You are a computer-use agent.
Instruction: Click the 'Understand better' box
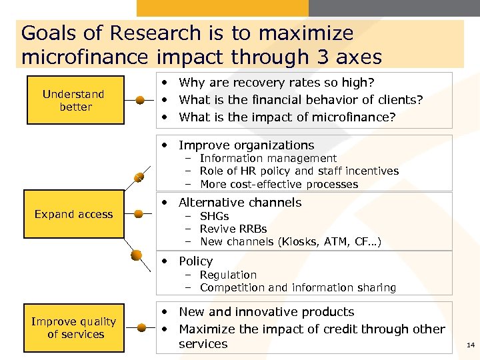[75, 101]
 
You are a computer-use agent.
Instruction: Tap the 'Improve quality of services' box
[75, 328]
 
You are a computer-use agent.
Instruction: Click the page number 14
[471, 345]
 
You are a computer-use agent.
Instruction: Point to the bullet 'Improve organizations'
[246, 145]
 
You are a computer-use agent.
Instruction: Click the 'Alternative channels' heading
[240, 203]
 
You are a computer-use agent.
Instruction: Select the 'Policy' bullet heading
[195, 261]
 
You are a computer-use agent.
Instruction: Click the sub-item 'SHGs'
[214, 217]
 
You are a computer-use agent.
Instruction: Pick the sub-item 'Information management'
[268, 159]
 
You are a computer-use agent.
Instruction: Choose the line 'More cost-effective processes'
[279, 185]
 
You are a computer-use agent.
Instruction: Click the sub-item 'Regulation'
[228, 275]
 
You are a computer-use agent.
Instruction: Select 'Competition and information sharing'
[298, 288]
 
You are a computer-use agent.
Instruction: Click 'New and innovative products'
[267, 312]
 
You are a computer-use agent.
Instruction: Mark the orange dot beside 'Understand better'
[140, 101]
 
